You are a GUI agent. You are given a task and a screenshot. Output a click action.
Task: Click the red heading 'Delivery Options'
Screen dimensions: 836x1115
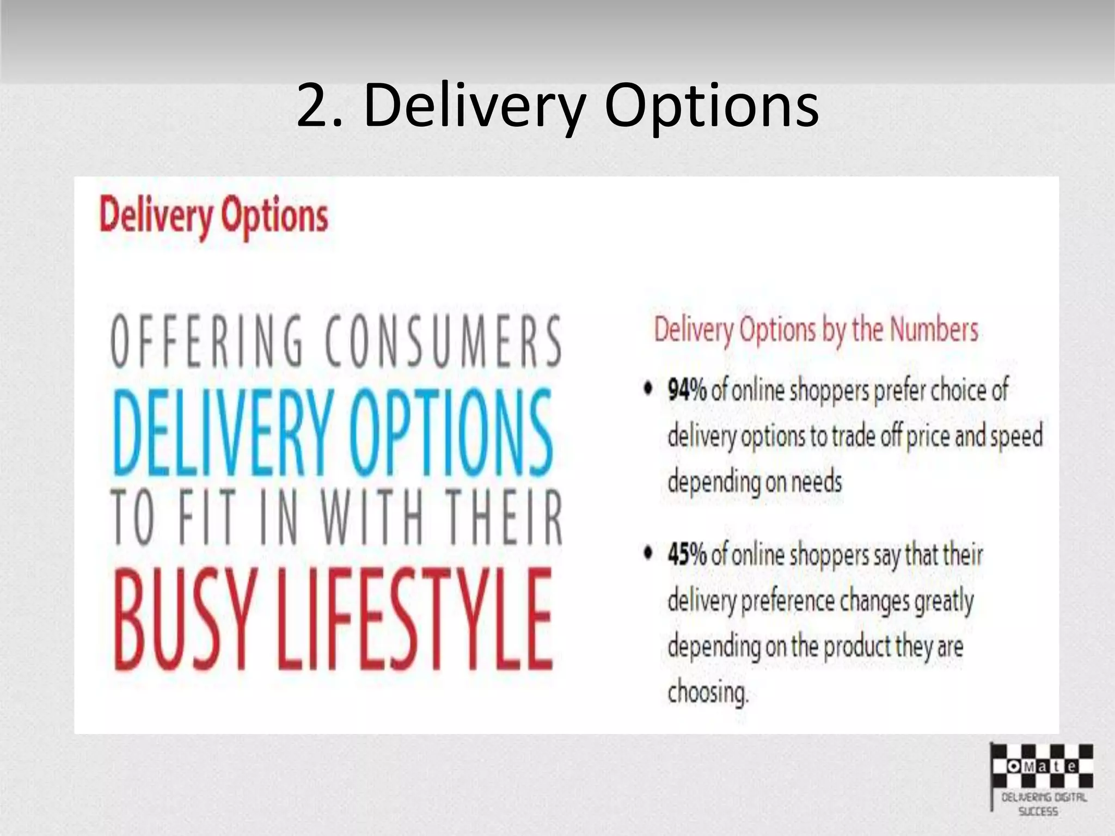pos(214,217)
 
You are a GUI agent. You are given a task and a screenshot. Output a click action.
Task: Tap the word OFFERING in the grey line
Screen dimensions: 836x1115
pos(206,342)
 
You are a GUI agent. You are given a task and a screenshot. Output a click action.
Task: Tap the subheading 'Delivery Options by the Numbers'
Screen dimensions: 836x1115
pos(816,330)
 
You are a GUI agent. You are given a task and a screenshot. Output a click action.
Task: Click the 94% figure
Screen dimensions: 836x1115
pos(687,391)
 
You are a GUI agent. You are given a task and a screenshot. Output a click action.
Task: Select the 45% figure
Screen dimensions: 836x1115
pos(687,555)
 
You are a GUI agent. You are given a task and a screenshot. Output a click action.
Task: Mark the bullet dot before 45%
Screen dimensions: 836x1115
pos(648,554)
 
